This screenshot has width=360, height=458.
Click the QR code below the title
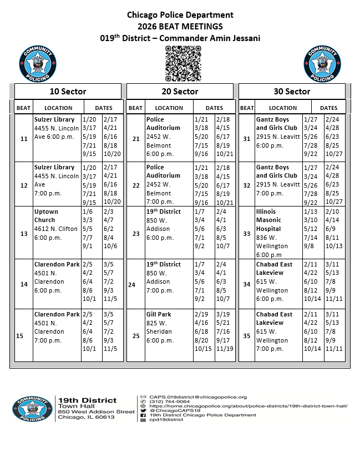(x=182, y=63)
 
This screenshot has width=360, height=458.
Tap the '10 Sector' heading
(x=67, y=92)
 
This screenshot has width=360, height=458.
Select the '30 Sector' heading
(x=291, y=92)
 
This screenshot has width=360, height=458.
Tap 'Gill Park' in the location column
(x=159, y=314)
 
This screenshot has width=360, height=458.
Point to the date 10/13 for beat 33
(x=334, y=246)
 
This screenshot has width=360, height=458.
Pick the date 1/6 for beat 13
(x=87, y=212)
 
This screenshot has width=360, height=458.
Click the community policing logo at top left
(x=37, y=64)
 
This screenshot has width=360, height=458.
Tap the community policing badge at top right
(x=322, y=64)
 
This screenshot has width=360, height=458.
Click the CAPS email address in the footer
(x=198, y=397)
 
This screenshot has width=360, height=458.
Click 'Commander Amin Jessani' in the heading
(x=217, y=38)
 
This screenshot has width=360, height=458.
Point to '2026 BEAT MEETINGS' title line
(x=180, y=27)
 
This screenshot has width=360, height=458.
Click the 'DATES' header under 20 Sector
(x=215, y=108)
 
